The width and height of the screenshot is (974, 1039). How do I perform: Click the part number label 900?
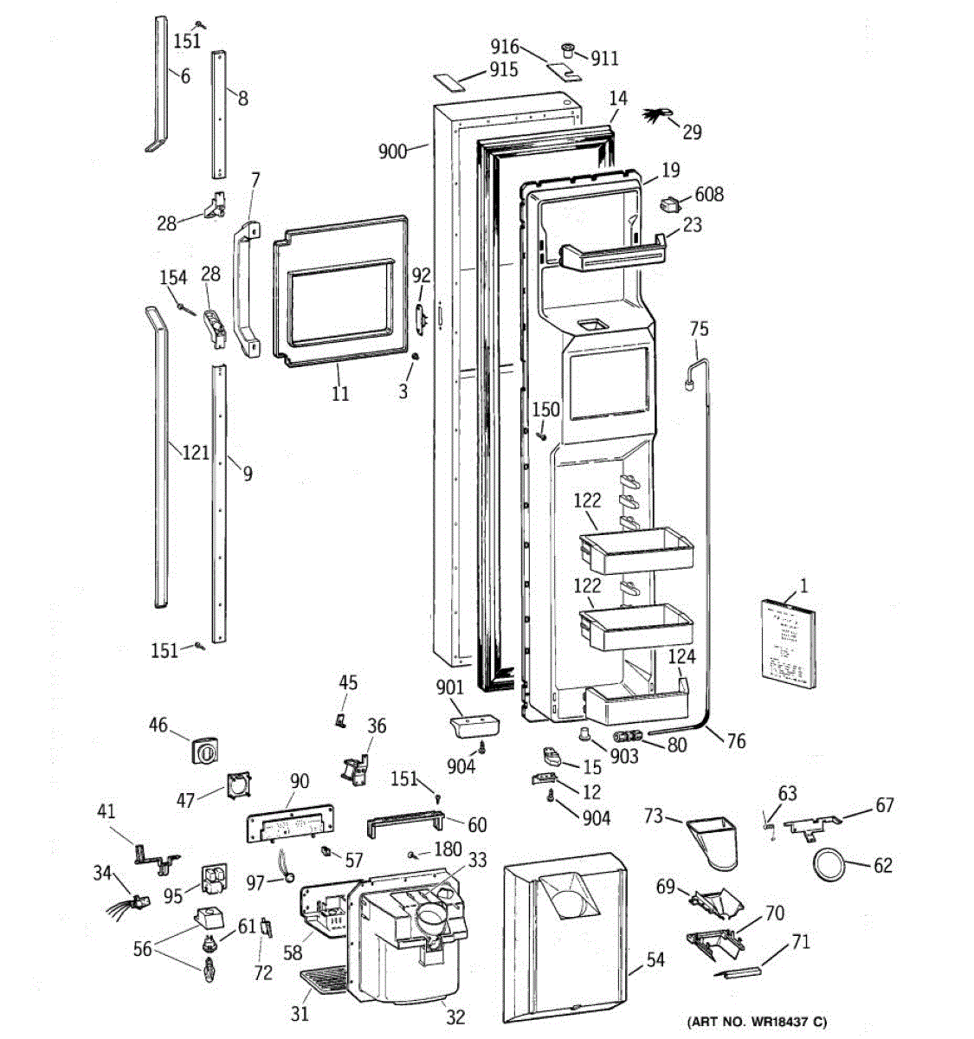coord(392,152)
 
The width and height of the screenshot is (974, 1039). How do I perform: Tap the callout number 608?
coord(708,194)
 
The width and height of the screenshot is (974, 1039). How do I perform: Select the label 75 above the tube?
coord(699,328)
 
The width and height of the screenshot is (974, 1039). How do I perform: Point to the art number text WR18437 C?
coord(758,1023)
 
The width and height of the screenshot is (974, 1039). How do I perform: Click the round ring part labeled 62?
coord(829,864)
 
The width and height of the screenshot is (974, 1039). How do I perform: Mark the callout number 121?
coord(195,451)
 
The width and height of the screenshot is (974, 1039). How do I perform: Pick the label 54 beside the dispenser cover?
coord(655,959)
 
